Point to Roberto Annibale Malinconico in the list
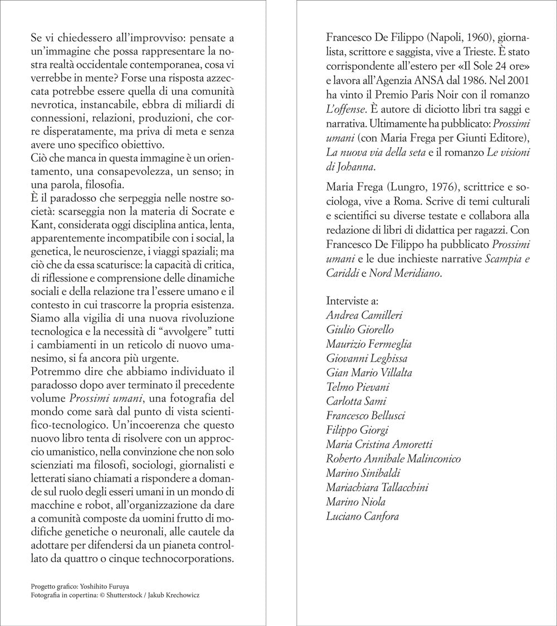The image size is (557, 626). [393, 459]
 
